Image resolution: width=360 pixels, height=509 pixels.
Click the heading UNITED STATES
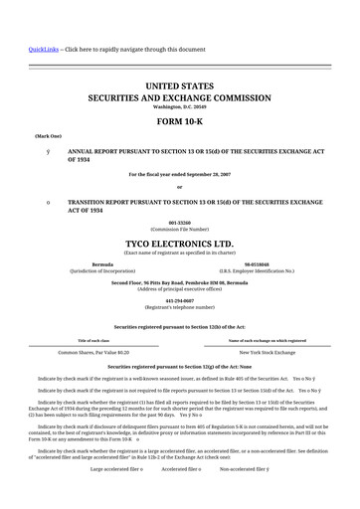coord(179,87)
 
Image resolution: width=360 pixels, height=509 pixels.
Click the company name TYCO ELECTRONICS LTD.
coord(179,243)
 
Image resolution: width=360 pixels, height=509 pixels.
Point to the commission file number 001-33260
coord(179,223)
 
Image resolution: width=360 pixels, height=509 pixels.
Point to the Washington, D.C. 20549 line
coord(179,107)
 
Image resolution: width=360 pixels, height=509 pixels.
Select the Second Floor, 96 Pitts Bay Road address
coord(179,281)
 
